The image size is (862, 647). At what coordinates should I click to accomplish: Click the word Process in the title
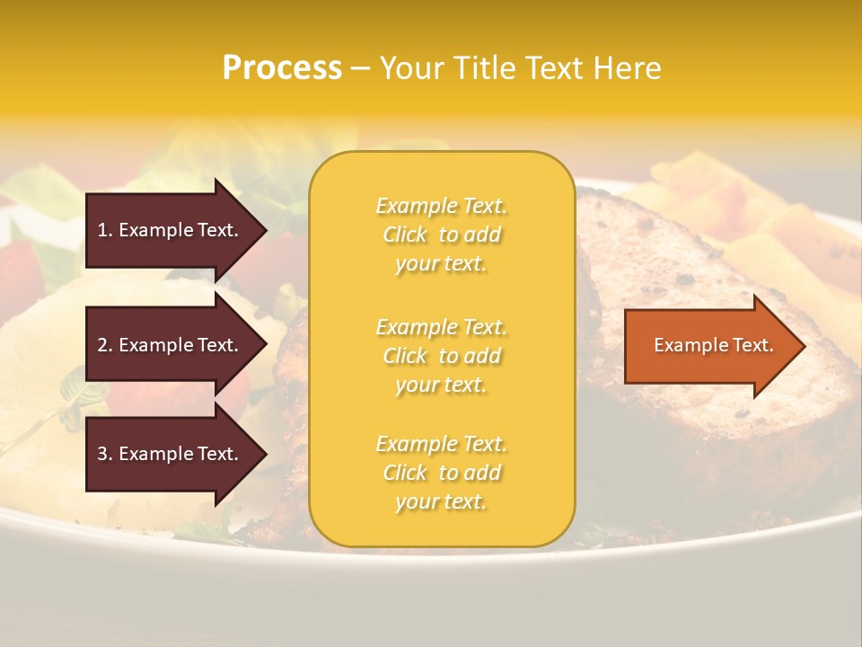(x=282, y=68)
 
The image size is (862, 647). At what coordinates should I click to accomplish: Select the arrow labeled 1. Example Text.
(x=171, y=230)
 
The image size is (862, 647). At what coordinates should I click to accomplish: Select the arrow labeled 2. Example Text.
(x=171, y=345)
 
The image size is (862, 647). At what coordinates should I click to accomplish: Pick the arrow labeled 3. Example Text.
(x=171, y=454)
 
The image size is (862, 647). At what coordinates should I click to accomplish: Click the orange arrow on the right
(x=709, y=345)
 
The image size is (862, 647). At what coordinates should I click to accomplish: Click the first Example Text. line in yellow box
(x=441, y=206)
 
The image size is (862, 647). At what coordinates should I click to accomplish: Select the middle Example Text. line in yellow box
(x=441, y=326)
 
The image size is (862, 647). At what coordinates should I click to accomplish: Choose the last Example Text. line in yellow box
(x=441, y=444)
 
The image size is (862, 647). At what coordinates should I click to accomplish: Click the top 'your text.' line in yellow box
(x=441, y=264)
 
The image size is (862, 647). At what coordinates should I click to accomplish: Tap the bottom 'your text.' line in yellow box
(x=441, y=501)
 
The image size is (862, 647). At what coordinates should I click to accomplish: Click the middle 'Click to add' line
(x=441, y=356)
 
